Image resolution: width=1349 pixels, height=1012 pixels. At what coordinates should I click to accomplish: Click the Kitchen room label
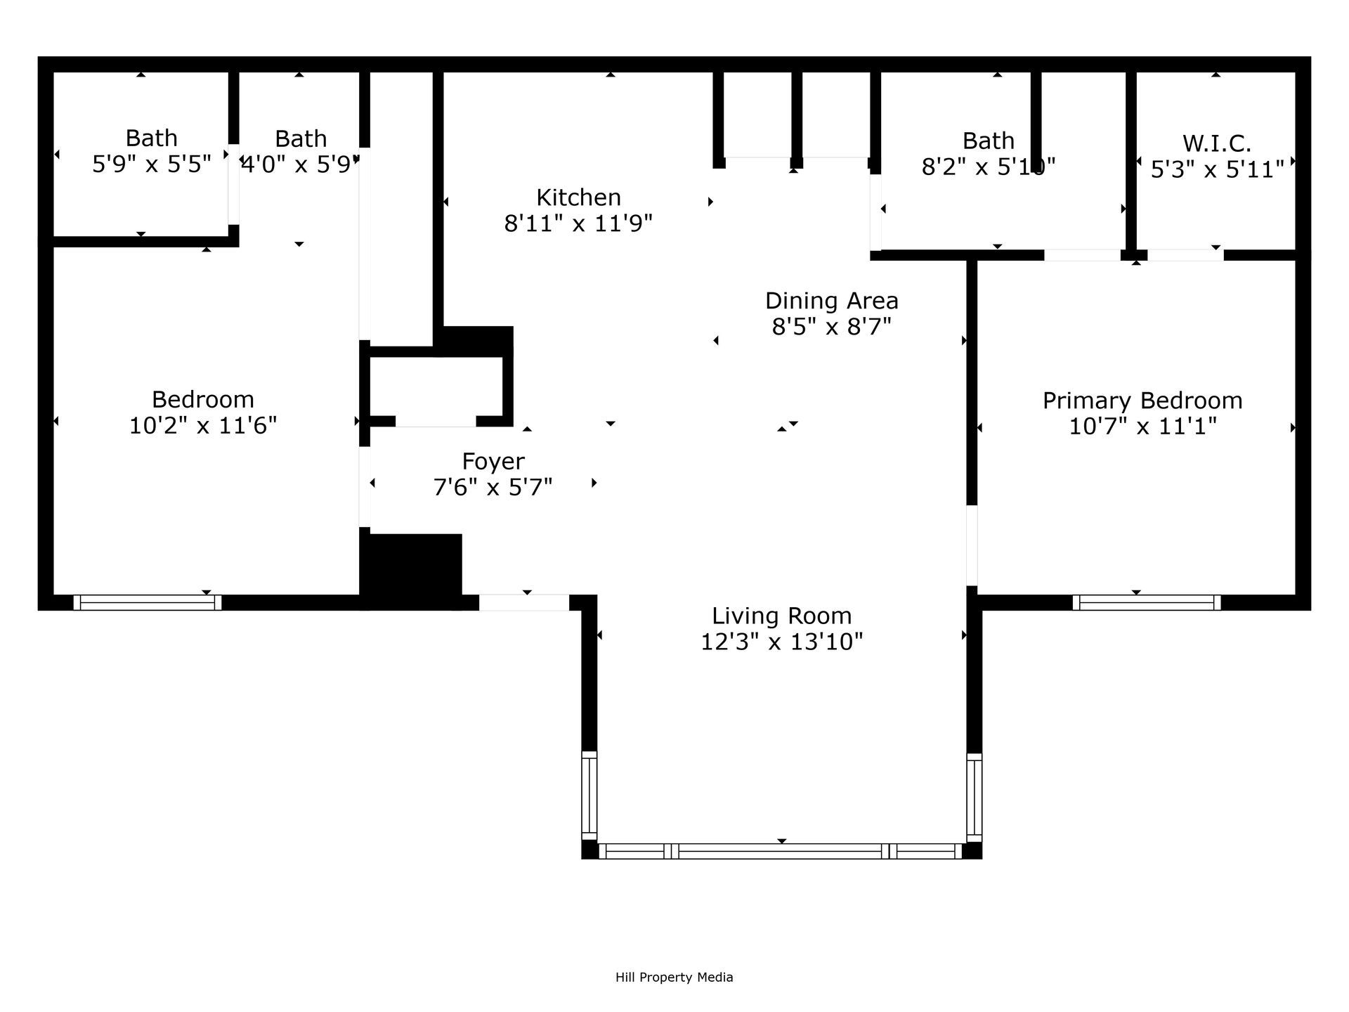578,197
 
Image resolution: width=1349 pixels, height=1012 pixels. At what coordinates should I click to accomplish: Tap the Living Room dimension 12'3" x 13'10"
781,642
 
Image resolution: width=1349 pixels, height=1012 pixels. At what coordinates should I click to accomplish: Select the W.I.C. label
1217,143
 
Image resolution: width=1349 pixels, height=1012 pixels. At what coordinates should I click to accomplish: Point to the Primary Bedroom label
1142,401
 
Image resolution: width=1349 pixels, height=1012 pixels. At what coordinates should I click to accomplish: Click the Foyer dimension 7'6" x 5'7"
493,487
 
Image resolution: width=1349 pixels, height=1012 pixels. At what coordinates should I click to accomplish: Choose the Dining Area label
831,301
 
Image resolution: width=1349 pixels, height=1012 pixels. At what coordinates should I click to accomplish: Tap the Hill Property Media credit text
674,977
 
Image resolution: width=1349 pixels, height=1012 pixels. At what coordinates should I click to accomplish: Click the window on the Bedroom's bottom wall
147,602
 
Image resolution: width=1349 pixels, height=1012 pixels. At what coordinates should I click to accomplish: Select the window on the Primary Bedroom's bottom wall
1146,602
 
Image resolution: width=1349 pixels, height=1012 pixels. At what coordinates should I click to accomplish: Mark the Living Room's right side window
974,797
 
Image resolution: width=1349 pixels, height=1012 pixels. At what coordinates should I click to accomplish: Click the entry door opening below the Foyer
524,602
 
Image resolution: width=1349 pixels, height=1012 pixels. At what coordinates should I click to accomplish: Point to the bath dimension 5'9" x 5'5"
152,164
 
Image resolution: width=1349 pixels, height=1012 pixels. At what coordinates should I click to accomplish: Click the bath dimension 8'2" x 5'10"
988,167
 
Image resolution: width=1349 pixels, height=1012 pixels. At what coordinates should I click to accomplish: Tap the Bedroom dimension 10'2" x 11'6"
203,426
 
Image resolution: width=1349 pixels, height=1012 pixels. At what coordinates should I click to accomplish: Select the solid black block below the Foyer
411,569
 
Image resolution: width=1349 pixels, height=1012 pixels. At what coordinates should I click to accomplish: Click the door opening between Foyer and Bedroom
365,486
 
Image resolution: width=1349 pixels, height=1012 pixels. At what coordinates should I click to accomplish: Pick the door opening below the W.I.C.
1185,255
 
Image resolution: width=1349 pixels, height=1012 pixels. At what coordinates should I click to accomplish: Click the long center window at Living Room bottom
780,851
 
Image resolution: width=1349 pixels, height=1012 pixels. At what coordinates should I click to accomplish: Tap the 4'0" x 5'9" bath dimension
301,165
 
